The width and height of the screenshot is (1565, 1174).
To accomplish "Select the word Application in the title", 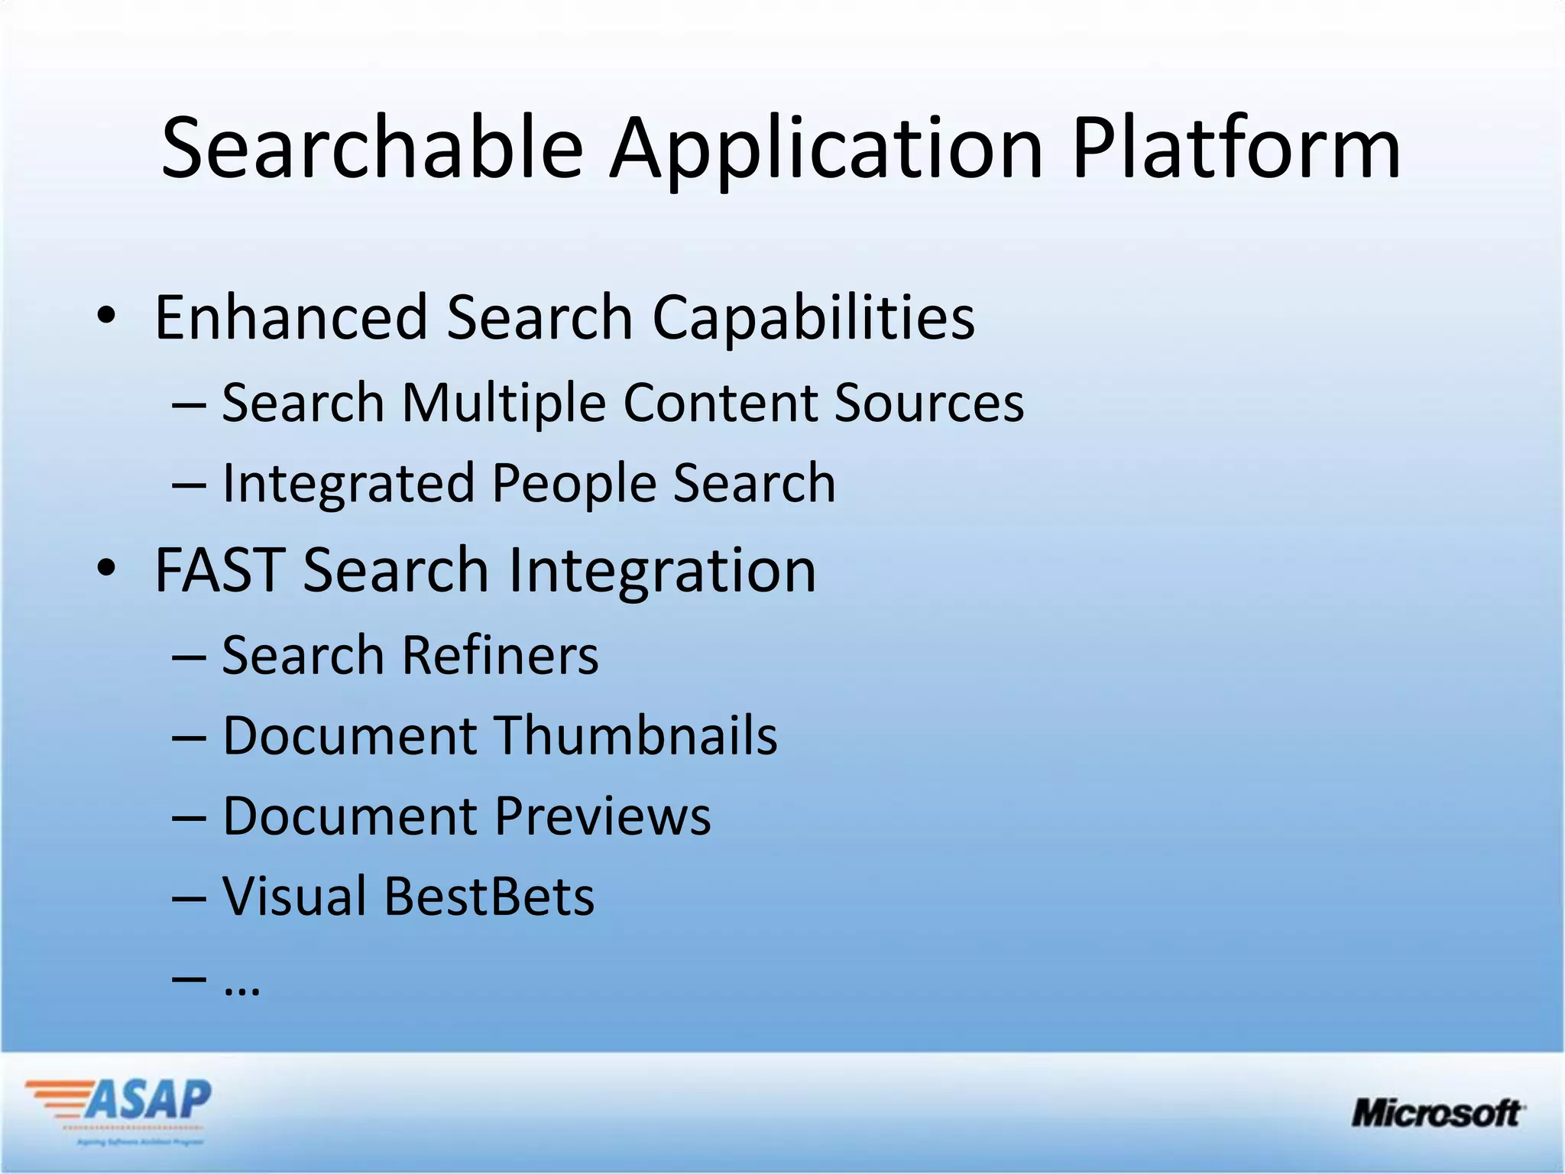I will tap(826, 149).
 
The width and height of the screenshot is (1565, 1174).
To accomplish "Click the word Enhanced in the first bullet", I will tap(291, 316).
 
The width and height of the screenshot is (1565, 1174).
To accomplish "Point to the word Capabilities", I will tap(813, 318).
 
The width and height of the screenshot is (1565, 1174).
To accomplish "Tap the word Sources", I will tap(928, 403).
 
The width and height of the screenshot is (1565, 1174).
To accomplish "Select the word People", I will tap(574, 485).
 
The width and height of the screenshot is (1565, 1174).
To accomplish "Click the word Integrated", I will tap(348, 485).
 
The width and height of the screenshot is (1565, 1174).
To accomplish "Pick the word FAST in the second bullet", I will tap(220, 570).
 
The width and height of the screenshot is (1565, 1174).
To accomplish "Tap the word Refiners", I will tap(501, 656).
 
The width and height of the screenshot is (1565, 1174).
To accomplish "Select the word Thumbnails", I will tap(637, 735).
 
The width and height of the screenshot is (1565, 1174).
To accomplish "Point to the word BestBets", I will tap(489, 897).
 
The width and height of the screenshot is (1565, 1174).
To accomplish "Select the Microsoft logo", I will tap(1437, 1113).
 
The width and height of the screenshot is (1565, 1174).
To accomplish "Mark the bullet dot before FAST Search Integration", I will tap(106, 568).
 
